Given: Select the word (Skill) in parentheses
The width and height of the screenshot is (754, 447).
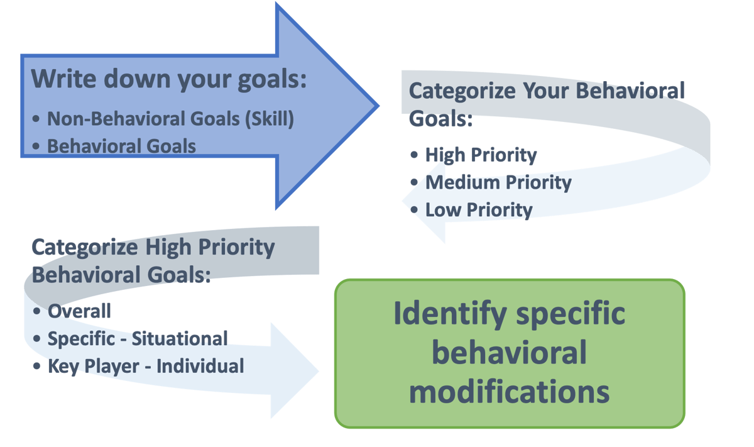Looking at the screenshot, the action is [x=270, y=119].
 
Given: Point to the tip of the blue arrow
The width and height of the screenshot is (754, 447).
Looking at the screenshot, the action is [x=379, y=106].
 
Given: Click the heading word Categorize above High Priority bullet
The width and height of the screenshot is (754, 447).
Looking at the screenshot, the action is [x=462, y=92].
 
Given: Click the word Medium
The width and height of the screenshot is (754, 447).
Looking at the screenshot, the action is [x=463, y=182].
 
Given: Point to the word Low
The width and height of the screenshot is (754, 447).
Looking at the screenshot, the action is [x=444, y=210].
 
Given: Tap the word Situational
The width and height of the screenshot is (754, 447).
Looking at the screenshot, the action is [x=180, y=338].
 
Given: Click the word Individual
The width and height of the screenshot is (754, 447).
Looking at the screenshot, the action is [x=200, y=366].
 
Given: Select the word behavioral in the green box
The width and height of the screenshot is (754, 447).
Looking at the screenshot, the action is [x=510, y=352].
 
